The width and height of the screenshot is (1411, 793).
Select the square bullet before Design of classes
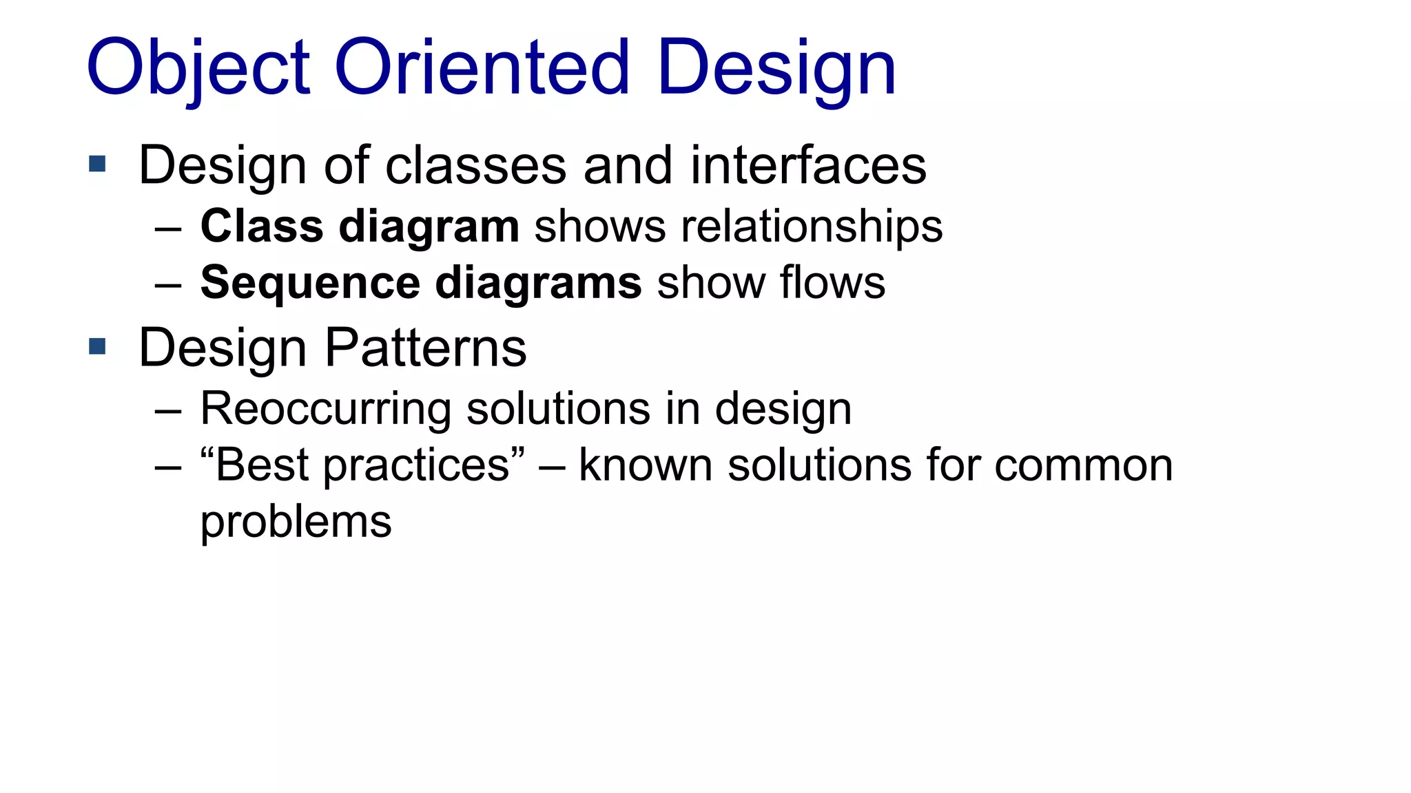point(97,164)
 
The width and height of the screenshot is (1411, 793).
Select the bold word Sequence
point(310,283)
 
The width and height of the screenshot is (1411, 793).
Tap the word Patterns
point(425,348)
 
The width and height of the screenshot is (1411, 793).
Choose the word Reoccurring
point(325,409)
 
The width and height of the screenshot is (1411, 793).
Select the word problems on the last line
point(296,522)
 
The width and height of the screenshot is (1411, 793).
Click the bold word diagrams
point(538,283)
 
